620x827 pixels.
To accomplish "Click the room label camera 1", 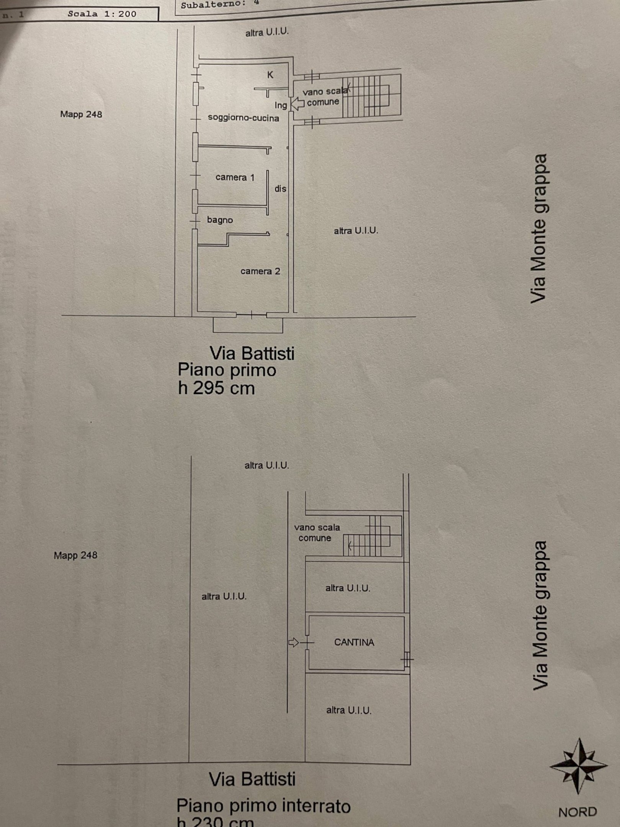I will (235, 177).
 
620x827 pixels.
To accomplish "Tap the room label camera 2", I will (260, 271).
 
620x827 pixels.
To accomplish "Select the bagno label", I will (220, 220).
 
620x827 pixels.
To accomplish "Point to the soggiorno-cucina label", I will (243, 118).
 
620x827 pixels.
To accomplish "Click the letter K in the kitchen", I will (270, 75).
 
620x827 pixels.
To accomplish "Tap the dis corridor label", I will (280, 189).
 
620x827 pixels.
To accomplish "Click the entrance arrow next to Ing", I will (298, 103).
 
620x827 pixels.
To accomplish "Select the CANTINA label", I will (354, 642).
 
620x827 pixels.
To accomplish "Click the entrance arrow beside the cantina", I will (294, 642).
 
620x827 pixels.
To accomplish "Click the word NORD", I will (577, 812).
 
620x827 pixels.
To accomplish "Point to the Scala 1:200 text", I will (102, 14).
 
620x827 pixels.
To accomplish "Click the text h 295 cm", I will (216, 388).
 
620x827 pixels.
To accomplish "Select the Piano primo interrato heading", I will (263, 806).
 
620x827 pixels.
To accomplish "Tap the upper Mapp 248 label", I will (81, 114).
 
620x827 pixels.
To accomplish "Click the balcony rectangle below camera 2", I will (248, 325).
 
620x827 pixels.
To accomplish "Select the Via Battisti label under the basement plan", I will (252, 779).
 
